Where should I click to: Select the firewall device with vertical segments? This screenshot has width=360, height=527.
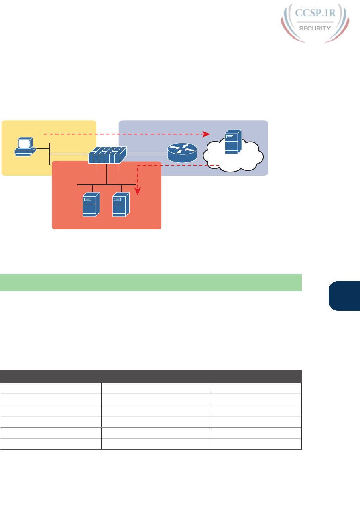(x=107, y=155)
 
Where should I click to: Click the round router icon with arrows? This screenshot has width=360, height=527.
(x=182, y=154)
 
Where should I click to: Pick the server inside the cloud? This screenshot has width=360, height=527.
(x=233, y=141)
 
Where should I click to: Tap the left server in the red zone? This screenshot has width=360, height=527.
(x=91, y=205)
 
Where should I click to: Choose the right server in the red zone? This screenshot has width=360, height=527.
(x=121, y=205)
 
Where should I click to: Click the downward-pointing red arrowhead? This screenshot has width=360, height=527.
(x=138, y=193)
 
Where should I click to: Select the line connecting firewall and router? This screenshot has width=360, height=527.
(x=147, y=154)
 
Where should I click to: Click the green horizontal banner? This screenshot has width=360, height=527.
(x=151, y=282)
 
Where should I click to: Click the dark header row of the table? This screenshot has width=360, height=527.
(x=151, y=376)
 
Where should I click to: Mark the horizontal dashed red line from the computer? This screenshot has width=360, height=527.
(x=120, y=134)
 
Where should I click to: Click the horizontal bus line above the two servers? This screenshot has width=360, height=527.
(x=107, y=185)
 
